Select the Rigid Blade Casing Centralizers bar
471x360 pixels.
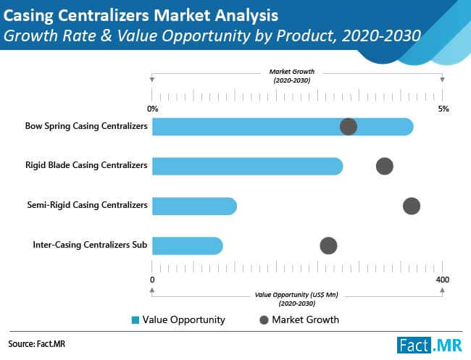pos(247,166)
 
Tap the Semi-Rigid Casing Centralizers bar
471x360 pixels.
pos(194,206)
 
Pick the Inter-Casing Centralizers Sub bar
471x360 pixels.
pos(187,246)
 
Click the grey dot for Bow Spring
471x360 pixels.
pos(349,127)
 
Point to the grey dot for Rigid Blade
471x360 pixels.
pos(385,166)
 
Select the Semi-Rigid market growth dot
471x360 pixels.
pos(411,206)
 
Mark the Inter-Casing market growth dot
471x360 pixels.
pos(328,246)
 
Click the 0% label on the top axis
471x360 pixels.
pos(152,109)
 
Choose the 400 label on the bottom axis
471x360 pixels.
pos(442,280)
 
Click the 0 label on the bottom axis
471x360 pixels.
pos(152,280)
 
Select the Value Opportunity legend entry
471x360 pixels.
pos(178,319)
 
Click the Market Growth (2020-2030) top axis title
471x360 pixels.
pos(290,76)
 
